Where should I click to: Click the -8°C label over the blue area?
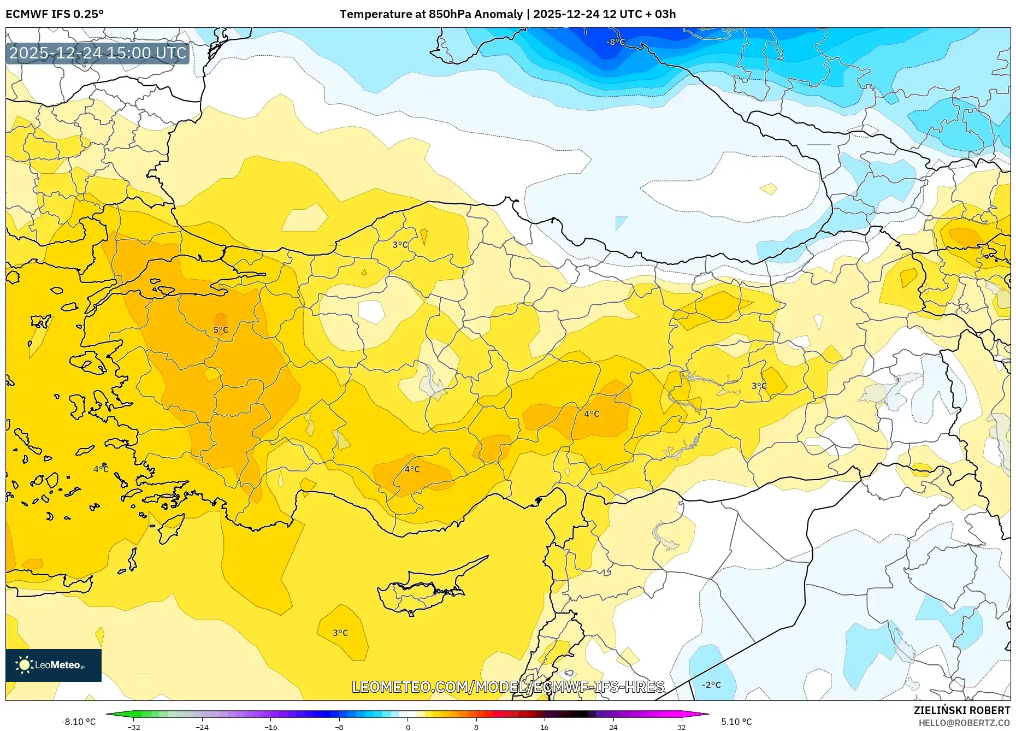coord(616,42)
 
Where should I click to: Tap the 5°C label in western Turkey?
coord(221,330)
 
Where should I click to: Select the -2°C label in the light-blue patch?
coord(711,685)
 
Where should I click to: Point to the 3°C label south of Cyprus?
coord(340,633)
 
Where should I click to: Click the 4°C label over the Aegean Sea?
coord(101,469)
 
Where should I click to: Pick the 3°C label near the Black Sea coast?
coord(400,245)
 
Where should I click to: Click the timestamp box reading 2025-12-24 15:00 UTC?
coord(98,53)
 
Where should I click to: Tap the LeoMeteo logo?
coord(54,665)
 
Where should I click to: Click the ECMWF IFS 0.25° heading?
coord(55,14)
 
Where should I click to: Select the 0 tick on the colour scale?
coord(407,727)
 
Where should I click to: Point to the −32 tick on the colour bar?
coord(134,727)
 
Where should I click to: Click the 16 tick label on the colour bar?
coord(544,727)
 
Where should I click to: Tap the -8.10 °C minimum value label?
coord(79,722)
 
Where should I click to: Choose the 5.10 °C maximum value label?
coord(736,722)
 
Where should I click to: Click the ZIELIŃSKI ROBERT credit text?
coord(961,710)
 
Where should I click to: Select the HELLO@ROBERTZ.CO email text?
coord(964,723)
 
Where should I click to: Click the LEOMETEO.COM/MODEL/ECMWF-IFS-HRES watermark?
coord(508,687)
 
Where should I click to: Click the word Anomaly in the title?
coord(498,14)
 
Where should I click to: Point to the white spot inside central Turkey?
coord(371,312)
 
